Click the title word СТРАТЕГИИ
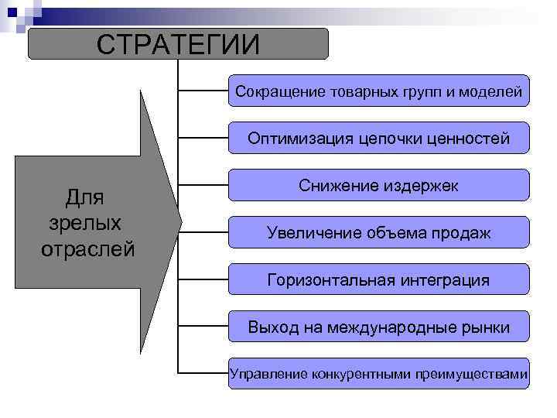[x=178, y=44]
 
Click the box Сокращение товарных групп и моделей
[x=379, y=91]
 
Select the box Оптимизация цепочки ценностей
[x=379, y=139]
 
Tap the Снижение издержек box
[x=379, y=186]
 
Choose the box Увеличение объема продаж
[x=379, y=232]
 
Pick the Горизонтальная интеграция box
[x=379, y=279]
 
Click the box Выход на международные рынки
[x=379, y=327]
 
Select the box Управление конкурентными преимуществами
[x=379, y=374]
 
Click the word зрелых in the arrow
[x=84, y=223]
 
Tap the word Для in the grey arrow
[x=84, y=197]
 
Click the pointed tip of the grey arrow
[x=179, y=221]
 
